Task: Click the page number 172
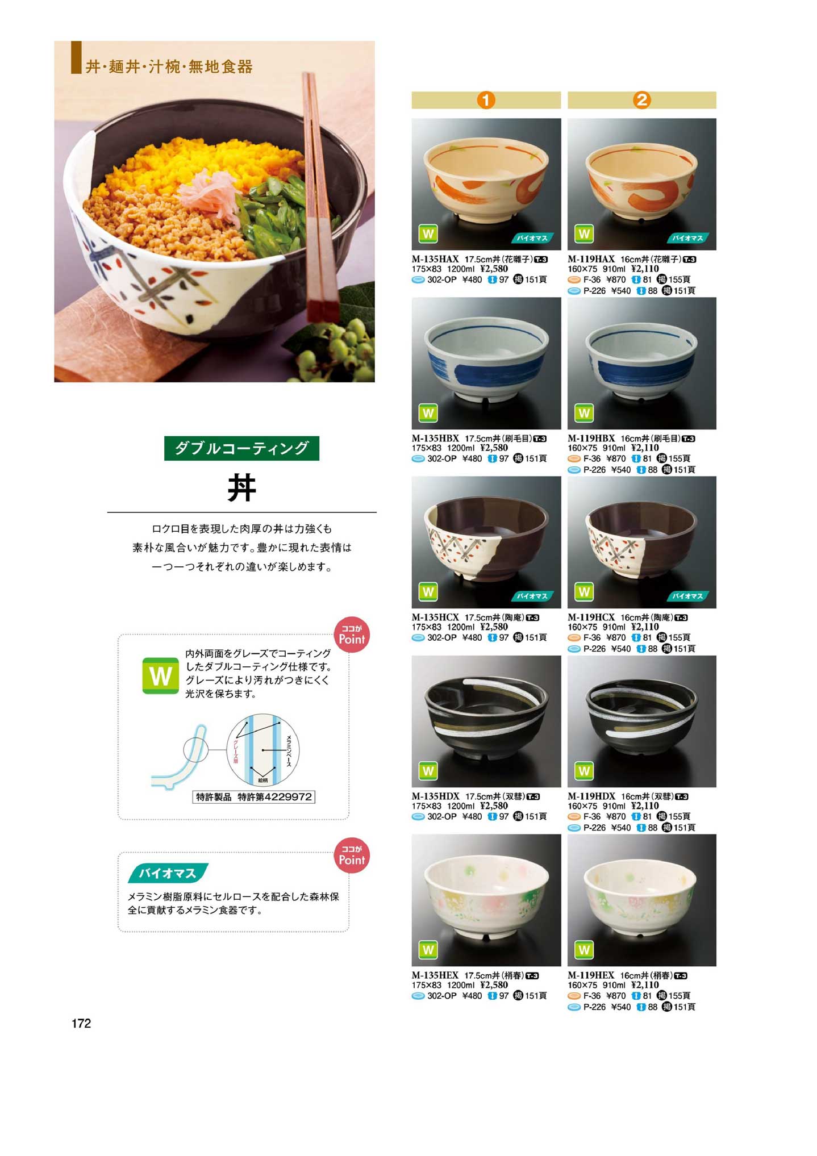click(x=81, y=1023)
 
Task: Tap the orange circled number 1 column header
click(x=486, y=100)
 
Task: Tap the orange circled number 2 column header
click(x=642, y=100)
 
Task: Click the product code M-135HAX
click(x=435, y=259)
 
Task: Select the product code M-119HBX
click(x=591, y=438)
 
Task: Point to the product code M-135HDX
click(x=436, y=796)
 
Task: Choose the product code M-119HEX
click(x=591, y=975)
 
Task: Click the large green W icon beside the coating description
click(x=160, y=676)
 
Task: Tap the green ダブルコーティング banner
click(x=241, y=448)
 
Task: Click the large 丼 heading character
click(x=242, y=488)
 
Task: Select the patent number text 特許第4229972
click(x=275, y=797)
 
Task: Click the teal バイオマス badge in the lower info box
click(x=168, y=873)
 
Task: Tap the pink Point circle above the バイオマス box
click(x=352, y=855)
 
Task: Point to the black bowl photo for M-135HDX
click(x=486, y=721)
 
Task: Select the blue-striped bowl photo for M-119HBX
click(x=642, y=363)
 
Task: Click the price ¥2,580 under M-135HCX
click(x=494, y=627)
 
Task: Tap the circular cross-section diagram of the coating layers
click(x=262, y=750)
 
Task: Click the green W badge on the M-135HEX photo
click(x=428, y=950)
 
